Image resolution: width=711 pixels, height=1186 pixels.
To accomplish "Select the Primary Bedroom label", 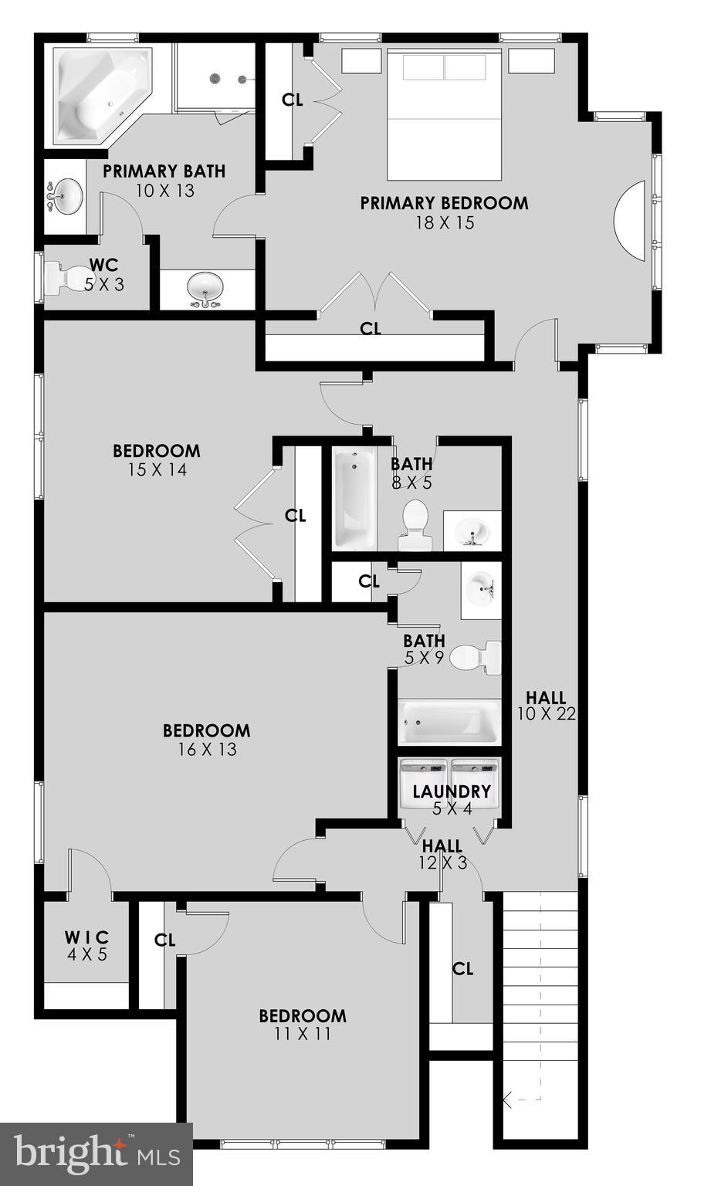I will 444,203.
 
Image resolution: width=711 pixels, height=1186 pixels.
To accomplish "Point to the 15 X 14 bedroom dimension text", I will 157,469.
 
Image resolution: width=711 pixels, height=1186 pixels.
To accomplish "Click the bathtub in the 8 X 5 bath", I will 354,497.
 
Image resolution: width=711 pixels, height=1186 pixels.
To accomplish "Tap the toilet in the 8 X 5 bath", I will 415,524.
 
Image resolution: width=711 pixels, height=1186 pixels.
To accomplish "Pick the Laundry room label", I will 452,791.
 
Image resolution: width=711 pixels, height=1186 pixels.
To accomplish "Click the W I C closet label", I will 86,937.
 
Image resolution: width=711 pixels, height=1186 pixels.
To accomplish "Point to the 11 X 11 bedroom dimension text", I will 302,1034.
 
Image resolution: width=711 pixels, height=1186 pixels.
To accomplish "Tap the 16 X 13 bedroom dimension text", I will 206,749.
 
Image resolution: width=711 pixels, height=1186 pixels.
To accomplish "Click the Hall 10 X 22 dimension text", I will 547,714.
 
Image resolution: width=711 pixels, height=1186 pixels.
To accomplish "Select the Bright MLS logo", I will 96,1154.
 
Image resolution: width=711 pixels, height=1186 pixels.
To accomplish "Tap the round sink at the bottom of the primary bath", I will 206,289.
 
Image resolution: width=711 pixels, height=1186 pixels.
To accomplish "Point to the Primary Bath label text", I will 164,171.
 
